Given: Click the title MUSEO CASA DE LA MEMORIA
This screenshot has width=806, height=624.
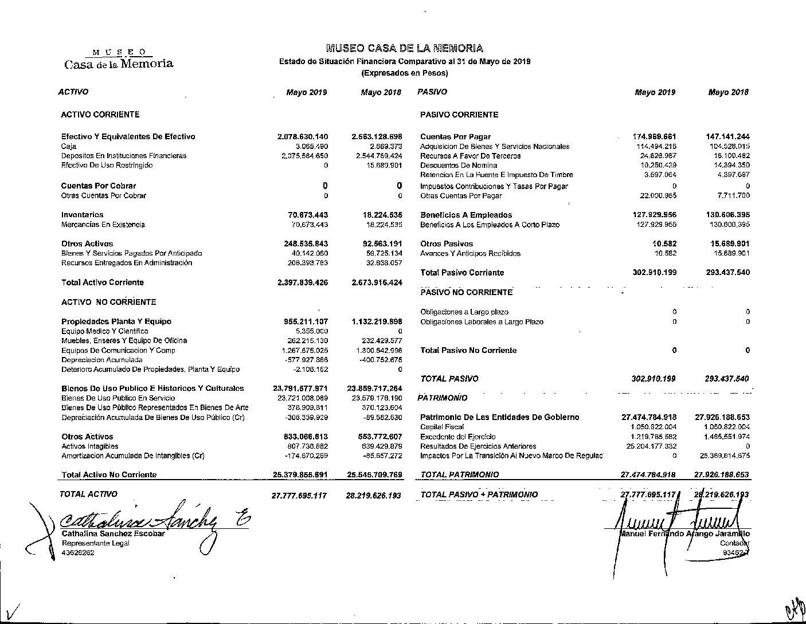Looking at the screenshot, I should point(404,49).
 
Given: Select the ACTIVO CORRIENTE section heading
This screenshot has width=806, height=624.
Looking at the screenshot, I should point(100,115).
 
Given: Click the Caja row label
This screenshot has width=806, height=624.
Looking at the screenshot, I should point(69,147).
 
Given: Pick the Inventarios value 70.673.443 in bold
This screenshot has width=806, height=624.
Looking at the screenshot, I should point(308,215).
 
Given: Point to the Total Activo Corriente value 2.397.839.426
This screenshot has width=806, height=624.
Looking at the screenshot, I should point(302,282).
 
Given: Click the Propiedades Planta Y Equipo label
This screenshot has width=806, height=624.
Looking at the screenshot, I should point(116,321).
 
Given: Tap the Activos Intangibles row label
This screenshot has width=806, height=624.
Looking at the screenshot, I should point(90,446).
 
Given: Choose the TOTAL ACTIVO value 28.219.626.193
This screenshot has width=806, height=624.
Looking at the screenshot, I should point(373,495).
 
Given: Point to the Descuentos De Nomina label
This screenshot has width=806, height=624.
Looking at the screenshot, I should point(459,166).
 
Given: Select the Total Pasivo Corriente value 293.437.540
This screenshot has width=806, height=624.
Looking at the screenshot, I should point(727,273).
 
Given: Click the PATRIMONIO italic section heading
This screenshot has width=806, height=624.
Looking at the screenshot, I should point(442,398).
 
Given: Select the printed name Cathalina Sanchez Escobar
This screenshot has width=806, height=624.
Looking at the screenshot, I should point(113,533).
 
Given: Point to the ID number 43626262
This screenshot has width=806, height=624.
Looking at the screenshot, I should point(78,553).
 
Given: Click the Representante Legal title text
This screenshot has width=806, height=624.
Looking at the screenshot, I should point(95,543).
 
